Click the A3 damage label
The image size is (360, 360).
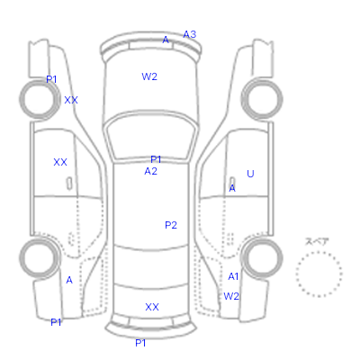[190, 34]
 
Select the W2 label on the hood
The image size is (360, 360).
[149, 76]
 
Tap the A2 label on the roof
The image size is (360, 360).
[150, 171]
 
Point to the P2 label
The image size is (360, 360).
[171, 225]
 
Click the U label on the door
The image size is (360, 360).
[250, 174]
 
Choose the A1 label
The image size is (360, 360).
[233, 276]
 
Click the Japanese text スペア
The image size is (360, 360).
[317, 241]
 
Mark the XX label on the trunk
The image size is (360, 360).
[152, 307]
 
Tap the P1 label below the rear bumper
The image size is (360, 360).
[140, 343]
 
